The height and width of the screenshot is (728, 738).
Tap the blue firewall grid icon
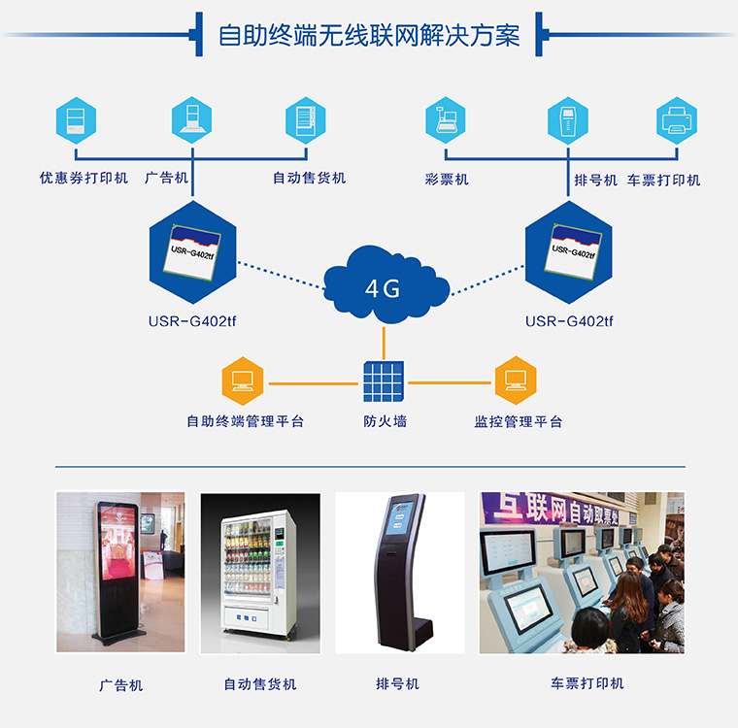click(x=384, y=382)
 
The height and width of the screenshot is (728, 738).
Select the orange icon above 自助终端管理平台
click(x=243, y=381)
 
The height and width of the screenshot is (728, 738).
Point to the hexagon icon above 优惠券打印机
click(x=76, y=121)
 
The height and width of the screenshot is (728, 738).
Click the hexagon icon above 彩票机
click(x=446, y=121)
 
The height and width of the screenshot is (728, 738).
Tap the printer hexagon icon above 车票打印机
click(x=676, y=121)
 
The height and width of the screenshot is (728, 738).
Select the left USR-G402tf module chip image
click(x=192, y=251)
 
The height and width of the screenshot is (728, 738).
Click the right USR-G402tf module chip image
click(x=569, y=251)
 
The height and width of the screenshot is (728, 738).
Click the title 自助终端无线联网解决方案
click(x=369, y=36)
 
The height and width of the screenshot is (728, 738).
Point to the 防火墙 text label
click(x=385, y=421)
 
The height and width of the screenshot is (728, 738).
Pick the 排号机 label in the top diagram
click(x=595, y=180)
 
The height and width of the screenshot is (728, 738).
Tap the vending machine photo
click(x=260, y=573)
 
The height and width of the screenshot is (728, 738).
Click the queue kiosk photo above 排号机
click(x=400, y=573)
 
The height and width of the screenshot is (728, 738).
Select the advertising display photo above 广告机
click(x=119, y=573)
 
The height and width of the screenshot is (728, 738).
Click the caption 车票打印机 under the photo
click(x=587, y=683)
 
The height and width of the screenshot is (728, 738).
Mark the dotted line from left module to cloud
click(x=282, y=274)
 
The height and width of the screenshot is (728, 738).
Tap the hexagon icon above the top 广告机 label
click(x=191, y=121)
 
